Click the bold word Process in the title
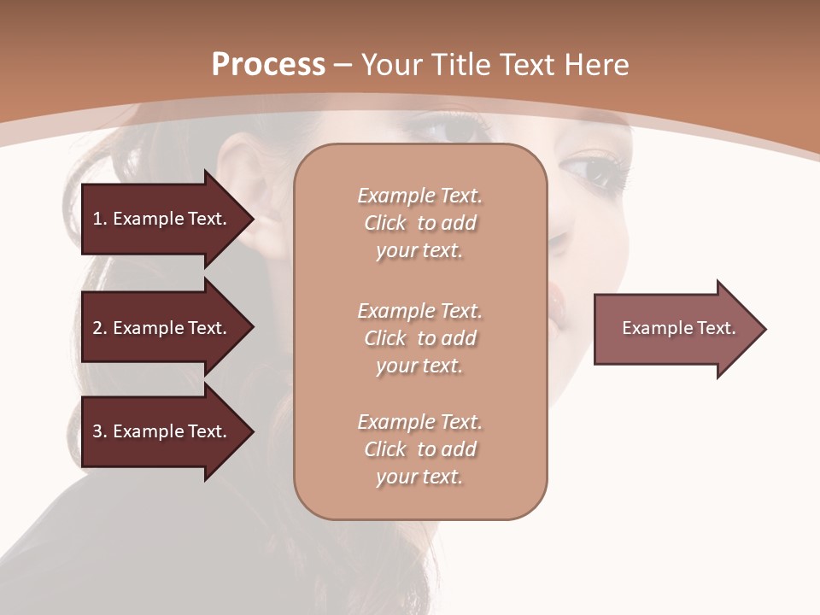click(268, 65)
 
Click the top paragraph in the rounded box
click(419, 223)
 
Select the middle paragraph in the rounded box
click(419, 338)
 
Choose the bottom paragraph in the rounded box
click(419, 449)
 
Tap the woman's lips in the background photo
click(557, 303)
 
